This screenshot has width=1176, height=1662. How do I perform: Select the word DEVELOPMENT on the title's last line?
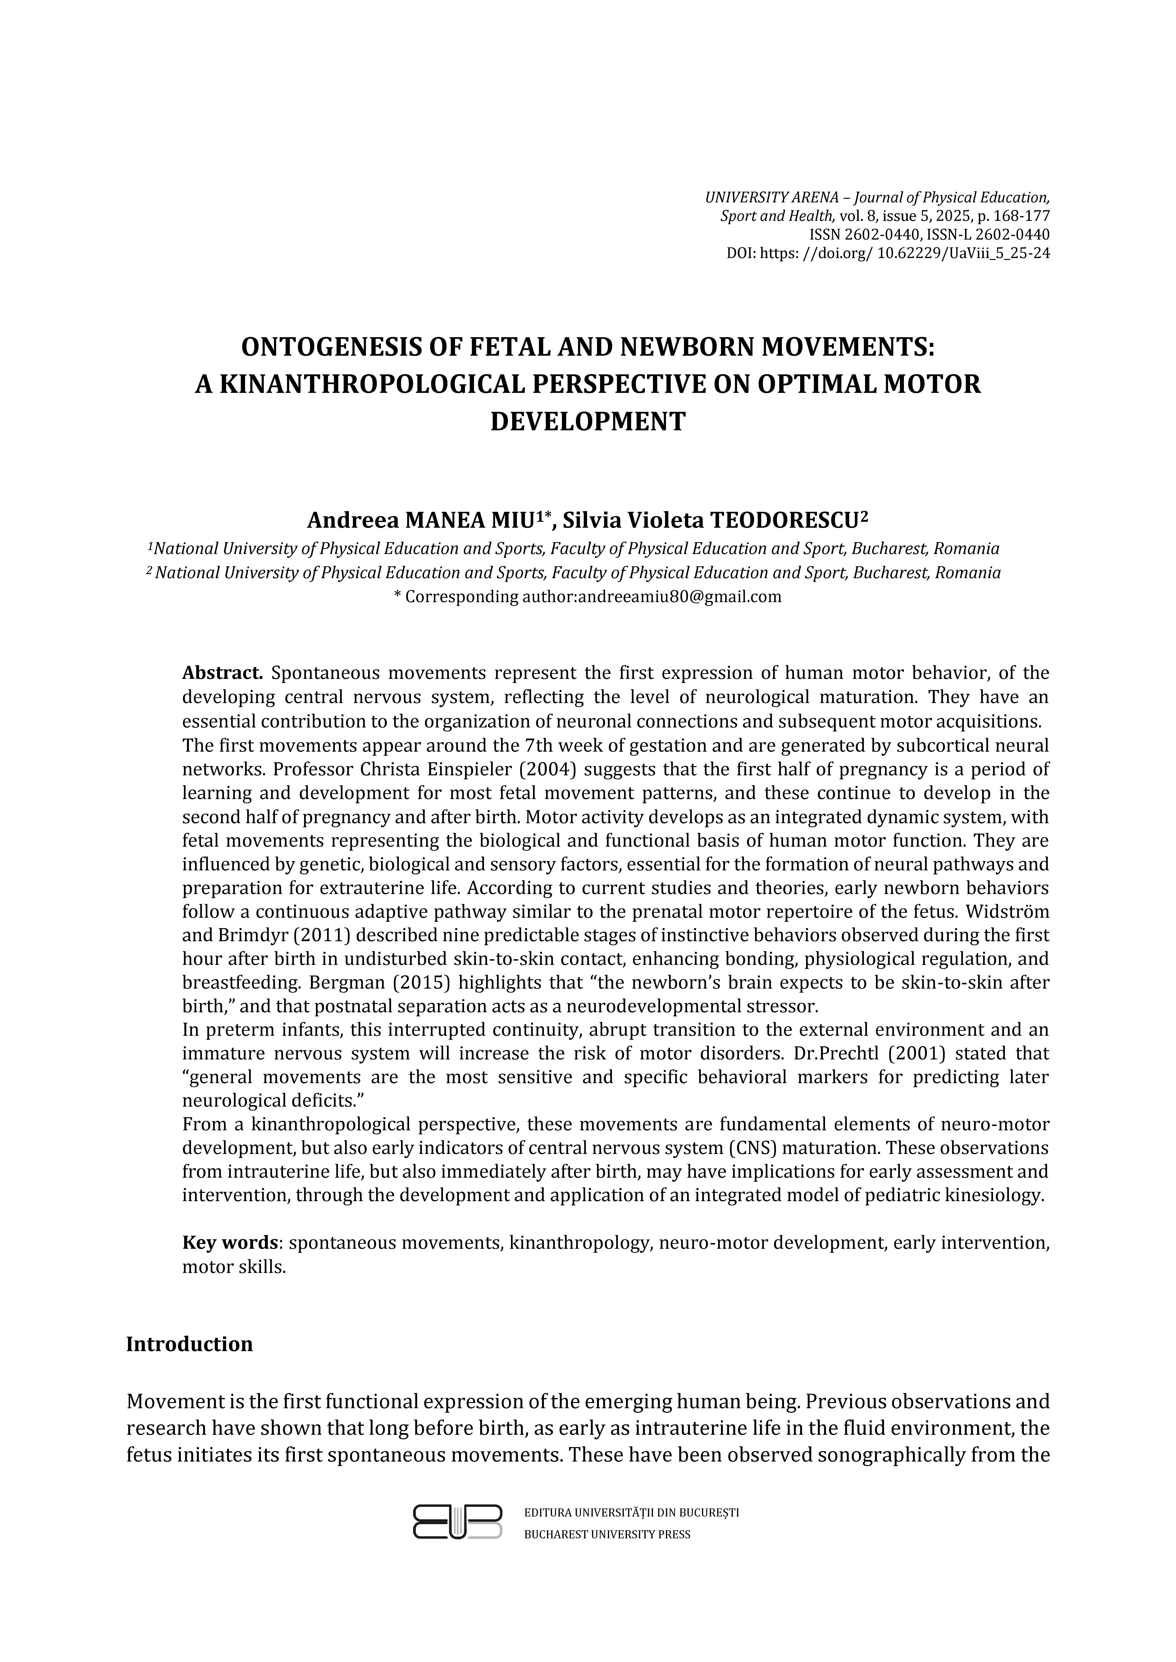coord(587,421)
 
